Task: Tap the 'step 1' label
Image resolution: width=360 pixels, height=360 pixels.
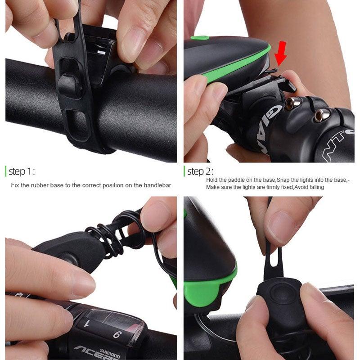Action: [x=21, y=171]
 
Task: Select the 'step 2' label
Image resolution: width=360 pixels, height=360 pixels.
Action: [x=200, y=171]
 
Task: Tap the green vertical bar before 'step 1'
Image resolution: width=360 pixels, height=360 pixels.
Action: [x=5, y=171]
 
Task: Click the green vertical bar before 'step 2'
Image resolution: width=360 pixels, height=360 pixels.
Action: [x=184, y=171]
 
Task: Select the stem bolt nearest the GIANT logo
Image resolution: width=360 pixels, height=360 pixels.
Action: [x=291, y=104]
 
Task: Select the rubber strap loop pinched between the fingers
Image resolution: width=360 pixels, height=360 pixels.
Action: [x=273, y=261]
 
